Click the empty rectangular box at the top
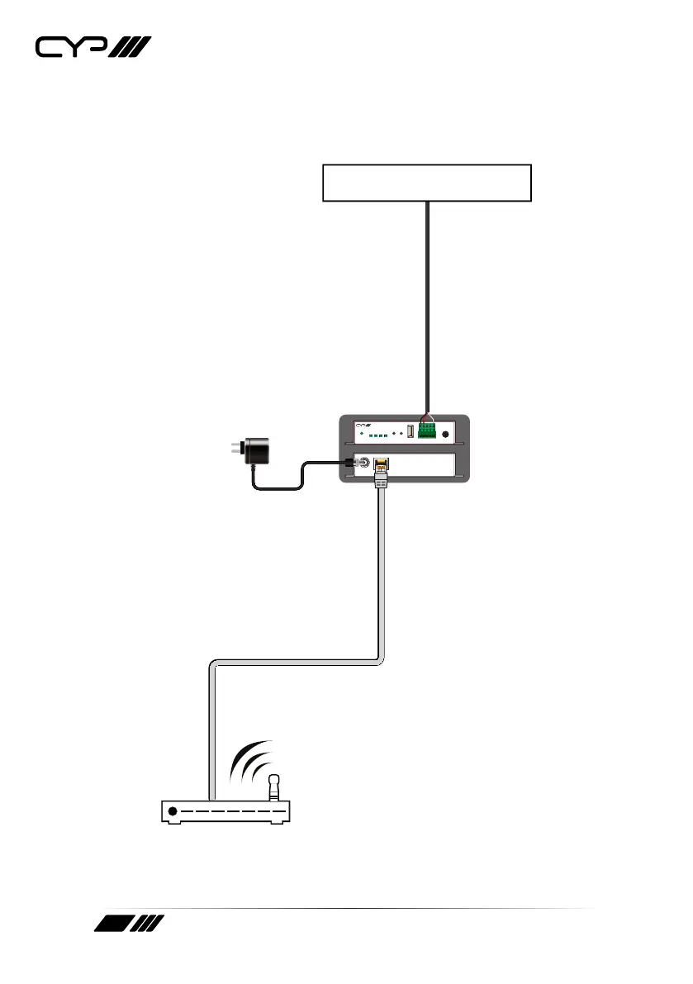(425, 183)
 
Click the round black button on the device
(447, 434)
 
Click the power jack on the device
(361, 463)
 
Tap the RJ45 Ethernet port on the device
(381, 465)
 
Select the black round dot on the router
(173, 812)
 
